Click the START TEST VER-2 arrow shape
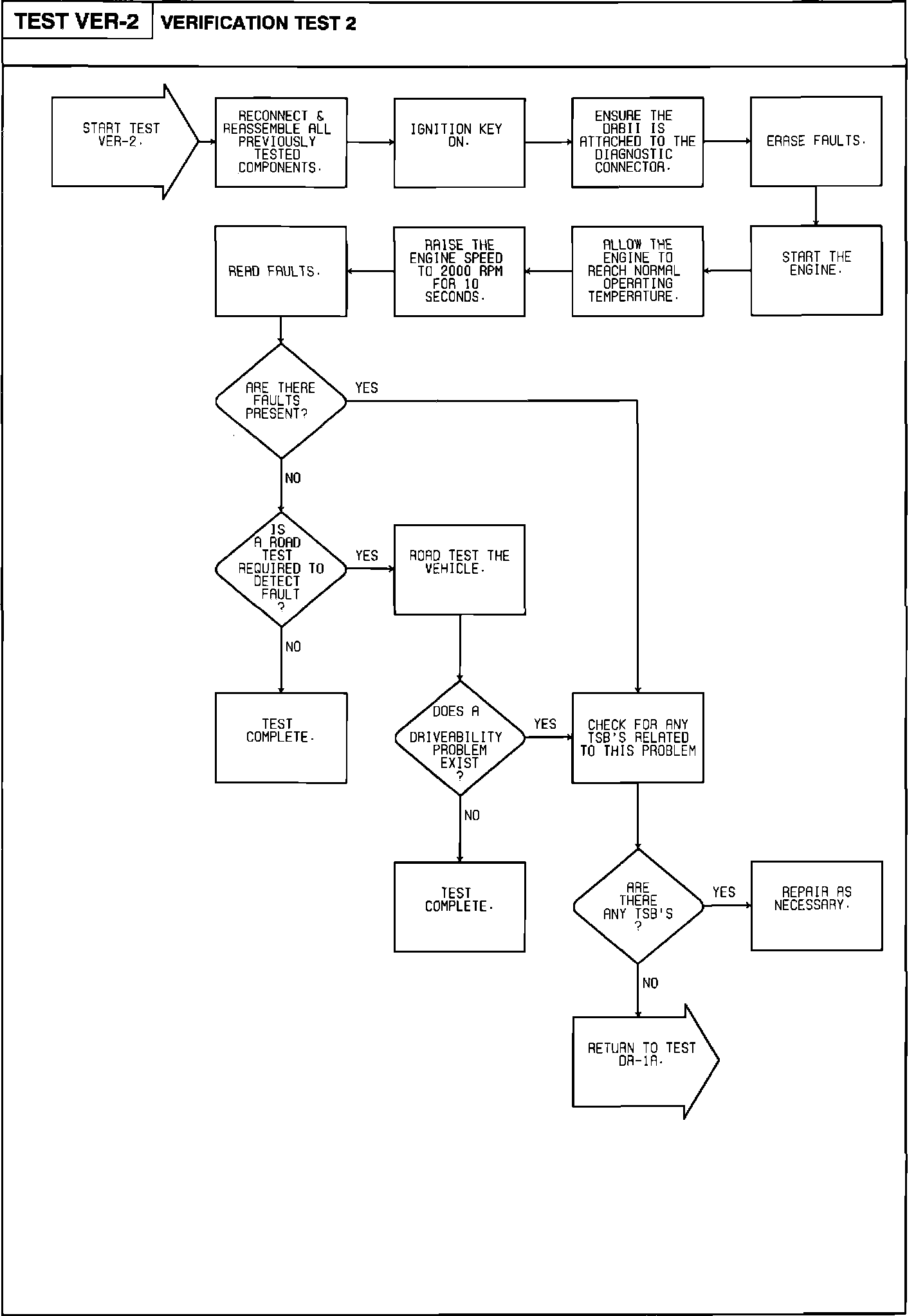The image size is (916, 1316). tap(122, 142)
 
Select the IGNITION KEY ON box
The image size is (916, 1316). tap(459, 143)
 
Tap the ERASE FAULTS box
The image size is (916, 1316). tap(816, 142)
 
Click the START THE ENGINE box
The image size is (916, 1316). tap(816, 270)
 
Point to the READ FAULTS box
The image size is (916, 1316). tap(280, 271)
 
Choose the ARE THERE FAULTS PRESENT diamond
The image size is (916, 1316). tap(280, 401)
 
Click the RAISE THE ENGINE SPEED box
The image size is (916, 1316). tap(459, 271)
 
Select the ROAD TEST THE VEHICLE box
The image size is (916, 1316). tap(459, 569)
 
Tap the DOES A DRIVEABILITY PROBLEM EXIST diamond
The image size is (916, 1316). tap(459, 738)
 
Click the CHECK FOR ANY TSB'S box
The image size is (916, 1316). tap(637, 738)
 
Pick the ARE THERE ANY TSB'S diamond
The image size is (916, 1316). tap(637, 906)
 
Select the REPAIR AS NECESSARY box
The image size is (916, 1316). tap(816, 906)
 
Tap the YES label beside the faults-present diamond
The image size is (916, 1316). tap(367, 388)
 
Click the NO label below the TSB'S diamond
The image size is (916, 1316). tap(650, 983)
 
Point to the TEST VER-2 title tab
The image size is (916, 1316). tap(77, 21)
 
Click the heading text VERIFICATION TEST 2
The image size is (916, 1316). tap(258, 24)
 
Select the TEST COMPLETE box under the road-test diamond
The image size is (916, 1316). tap(280, 738)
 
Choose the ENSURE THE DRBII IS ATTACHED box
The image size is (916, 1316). tap(637, 142)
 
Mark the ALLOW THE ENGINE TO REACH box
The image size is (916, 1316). tap(637, 271)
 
